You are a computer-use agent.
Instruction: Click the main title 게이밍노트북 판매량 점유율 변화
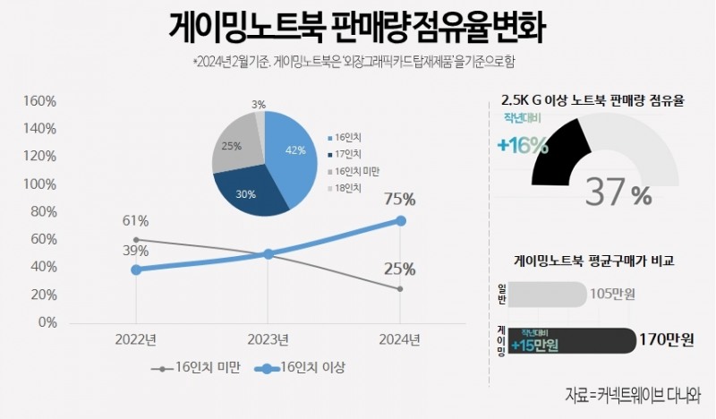point(357,27)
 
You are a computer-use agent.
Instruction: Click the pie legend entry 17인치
point(345,153)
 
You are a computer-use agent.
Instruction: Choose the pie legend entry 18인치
point(345,187)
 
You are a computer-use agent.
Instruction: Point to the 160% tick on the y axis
point(38,101)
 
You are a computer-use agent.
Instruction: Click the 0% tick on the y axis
point(45,321)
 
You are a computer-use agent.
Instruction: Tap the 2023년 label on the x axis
point(268,339)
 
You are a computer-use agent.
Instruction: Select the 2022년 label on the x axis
point(135,339)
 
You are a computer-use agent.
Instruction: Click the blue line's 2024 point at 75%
point(400,220)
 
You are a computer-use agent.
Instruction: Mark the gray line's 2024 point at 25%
point(400,288)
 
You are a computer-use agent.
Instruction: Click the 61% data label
point(135,221)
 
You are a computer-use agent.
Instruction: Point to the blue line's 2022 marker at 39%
point(135,269)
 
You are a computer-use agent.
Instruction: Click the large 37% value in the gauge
point(618,192)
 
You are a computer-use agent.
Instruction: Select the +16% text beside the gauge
point(523,145)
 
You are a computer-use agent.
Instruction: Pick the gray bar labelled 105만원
point(547,294)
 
